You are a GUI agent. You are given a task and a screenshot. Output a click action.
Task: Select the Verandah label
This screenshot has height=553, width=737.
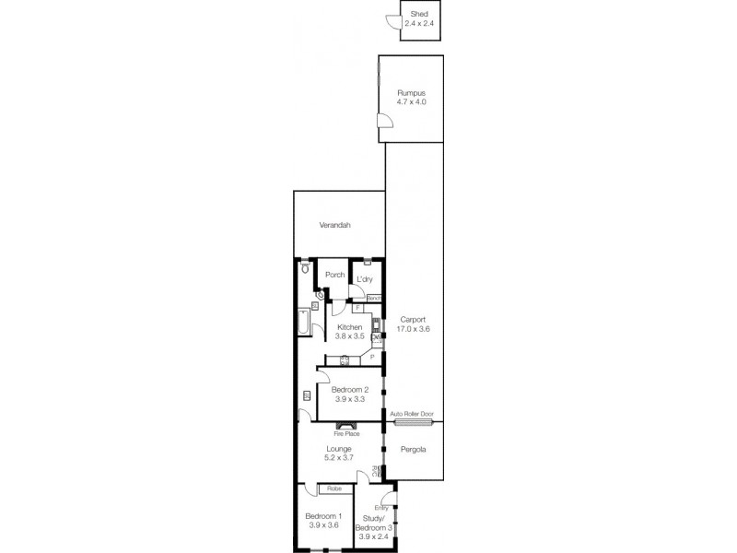tap(335, 225)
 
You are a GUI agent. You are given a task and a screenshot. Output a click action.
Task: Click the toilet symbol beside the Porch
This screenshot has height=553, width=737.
tap(305, 268)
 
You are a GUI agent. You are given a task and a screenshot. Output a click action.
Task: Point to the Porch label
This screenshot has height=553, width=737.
tap(335, 274)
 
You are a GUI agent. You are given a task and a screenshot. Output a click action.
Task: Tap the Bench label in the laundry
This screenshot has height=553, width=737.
tap(374, 298)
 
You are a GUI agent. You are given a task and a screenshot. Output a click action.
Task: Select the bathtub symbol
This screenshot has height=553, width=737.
tap(304, 324)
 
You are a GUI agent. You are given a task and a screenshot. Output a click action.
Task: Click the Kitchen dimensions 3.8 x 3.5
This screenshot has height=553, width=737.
tap(349, 336)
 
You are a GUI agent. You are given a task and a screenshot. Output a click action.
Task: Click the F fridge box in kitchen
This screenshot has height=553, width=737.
tap(357, 308)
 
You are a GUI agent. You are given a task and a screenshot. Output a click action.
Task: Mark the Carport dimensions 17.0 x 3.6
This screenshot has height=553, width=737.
tap(413, 328)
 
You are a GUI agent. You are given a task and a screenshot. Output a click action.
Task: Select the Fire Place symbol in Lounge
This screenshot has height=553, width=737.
tap(346, 426)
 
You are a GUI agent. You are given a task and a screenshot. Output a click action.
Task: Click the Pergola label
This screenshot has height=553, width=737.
tap(413, 451)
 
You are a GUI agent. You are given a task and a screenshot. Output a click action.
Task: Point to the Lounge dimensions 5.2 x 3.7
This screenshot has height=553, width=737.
tap(338, 458)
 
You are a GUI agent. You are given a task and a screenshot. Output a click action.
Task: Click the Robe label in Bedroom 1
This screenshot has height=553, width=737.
tap(331, 488)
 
